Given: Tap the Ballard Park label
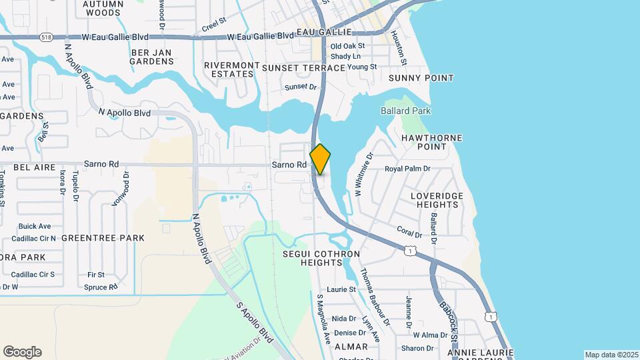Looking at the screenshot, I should [x=405, y=111].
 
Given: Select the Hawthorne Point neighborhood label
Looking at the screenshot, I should [x=432, y=142].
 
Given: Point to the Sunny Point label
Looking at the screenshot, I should [x=421, y=78].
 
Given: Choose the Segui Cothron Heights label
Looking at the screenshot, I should [x=321, y=259].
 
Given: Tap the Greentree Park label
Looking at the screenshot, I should [x=93, y=238].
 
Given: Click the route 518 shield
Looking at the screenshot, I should [x=46, y=37].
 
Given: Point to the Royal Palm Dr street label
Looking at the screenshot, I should [x=408, y=169].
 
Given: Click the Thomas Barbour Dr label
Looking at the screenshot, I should [x=371, y=293].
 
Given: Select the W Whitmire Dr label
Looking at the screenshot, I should [x=363, y=173].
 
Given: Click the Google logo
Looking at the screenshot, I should [x=22, y=352].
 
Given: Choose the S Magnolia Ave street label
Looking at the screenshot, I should [x=323, y=319].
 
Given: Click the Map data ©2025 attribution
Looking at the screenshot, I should [x=611, y=355].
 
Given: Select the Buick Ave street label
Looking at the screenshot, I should [x=35, y=227].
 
